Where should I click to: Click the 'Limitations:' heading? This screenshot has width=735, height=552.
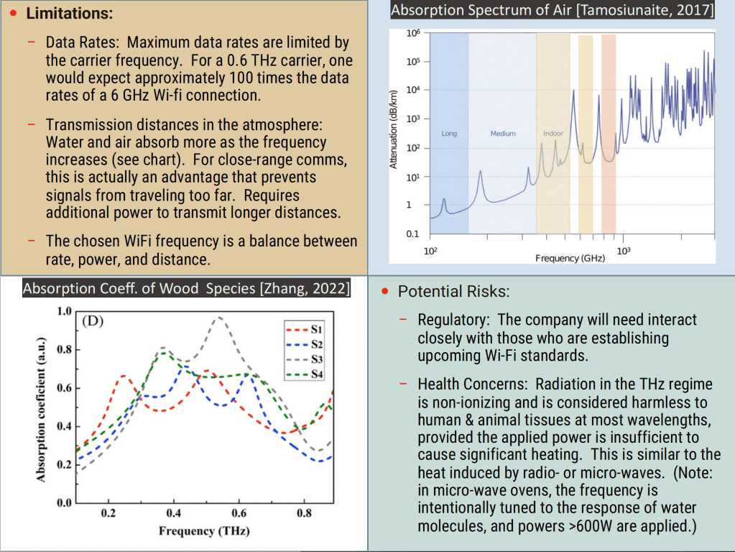(x=69, y=14)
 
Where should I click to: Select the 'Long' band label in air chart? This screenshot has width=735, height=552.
(x=449, y=134)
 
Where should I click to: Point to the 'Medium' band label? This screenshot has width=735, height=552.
(x=503, y=134)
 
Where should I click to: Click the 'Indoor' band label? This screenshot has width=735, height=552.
(x=553, y=134)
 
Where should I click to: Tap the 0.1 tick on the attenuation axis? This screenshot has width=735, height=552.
(x=412, y=234)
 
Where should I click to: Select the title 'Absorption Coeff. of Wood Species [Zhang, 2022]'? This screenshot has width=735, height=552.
(x=187, y=289)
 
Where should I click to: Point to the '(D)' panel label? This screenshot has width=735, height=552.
(x=93, y=321)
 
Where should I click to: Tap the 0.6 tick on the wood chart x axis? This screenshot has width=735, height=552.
(x=240, y=514)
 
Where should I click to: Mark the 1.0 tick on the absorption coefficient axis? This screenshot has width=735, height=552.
(x=63, y=312)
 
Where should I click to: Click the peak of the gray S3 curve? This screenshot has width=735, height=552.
(x=219, y=317)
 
